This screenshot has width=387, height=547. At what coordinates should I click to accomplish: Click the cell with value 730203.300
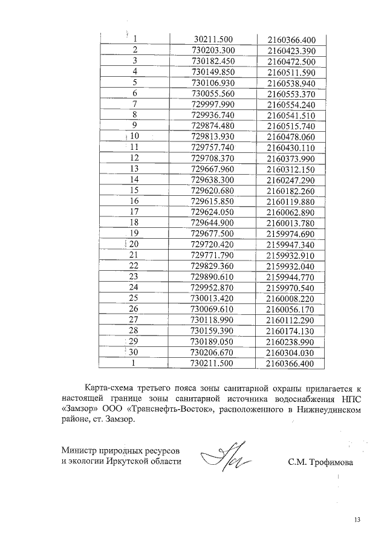pos(212,50)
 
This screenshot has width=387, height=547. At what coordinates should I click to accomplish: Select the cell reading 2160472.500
pos(291,62)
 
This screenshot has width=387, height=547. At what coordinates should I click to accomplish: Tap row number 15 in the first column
pos(135,189)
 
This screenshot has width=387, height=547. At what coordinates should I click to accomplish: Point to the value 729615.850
pos(212,201)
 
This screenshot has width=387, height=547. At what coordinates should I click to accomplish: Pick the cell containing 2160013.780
pos(291,224)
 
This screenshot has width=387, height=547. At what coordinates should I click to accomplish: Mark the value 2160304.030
pos(291,352)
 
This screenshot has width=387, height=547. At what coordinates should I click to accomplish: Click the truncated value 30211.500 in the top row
pos(212,39)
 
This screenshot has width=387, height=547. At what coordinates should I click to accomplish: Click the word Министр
pos(79,451)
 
